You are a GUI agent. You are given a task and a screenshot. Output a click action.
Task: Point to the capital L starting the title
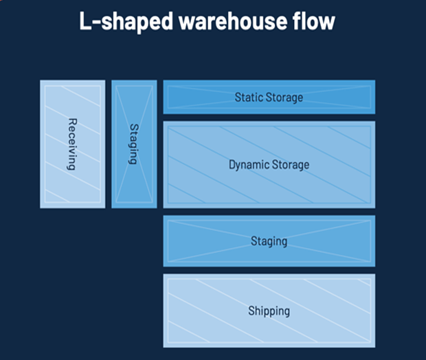pyautogui.click(x=86, y=21)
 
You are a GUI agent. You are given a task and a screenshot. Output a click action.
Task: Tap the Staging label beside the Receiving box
pyautogui.click(x=133, y=144)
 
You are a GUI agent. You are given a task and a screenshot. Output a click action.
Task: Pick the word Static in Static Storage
pyautogui.click(x=248, y=98)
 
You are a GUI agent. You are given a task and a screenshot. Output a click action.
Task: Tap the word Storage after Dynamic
pyautogui.click(x=291, y=165)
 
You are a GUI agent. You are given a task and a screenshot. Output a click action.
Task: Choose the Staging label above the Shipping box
pyautogui.click(x=269, y=241)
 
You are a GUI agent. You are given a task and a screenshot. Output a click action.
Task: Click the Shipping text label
pyautogui.click(x=269, y=311)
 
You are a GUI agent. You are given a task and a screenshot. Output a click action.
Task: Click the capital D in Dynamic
pyautogui.click(x=232, y=165)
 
